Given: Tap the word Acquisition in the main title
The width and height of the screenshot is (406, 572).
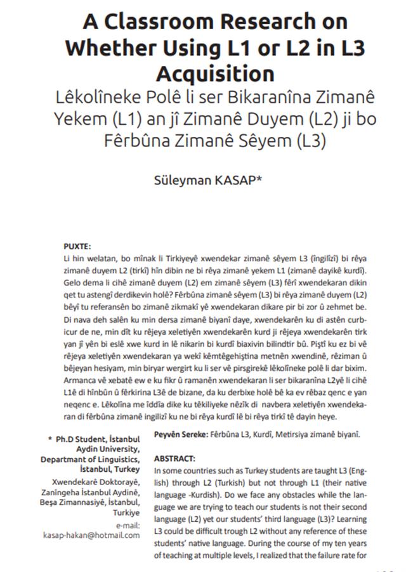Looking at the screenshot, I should pyautogui.click(x=215, y=72).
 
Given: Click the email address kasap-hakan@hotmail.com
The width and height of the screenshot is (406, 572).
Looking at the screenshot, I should pyautogui.click(x=91, y=535).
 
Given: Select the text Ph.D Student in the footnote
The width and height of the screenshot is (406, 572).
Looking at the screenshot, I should pyautogui.click(x=79, y=439).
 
